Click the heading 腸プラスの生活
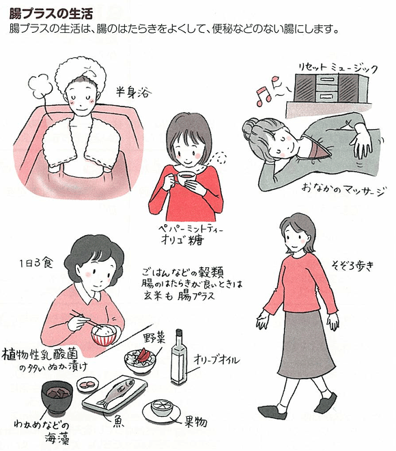[51, 13]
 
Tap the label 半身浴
[133, 92]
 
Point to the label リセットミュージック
[337, 68]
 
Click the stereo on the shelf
[332, 88]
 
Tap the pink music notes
[268, 91]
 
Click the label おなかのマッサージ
[343, 190]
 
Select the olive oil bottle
[179, 357]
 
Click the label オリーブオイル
[216, 359]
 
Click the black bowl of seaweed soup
[57, 396]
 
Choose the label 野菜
[154, 338]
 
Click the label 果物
[196, 422]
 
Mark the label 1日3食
[36, 262]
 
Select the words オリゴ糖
[182, 240]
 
